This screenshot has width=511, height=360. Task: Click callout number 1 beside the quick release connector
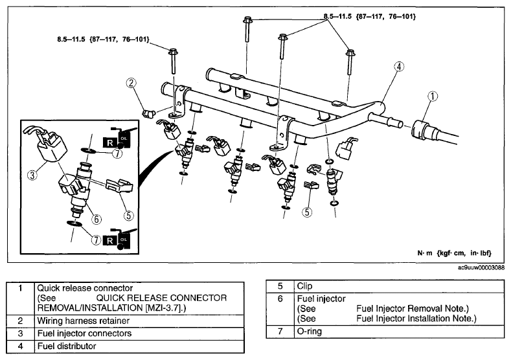(433, 96)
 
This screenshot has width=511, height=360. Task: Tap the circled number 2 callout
(131, 83)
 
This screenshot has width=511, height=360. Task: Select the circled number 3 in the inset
(32, 175)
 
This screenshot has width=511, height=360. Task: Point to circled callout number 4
(399, 67)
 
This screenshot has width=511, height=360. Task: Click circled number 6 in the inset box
(97, 219)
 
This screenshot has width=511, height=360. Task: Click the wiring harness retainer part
(148, 113)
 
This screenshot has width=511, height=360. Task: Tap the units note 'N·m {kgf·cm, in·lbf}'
(454, 253)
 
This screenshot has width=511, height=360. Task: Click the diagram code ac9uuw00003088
(481, 267)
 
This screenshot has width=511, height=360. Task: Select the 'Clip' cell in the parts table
(304, 286)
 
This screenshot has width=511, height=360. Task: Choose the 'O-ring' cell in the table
(310, 332)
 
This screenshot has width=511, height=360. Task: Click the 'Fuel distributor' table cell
(67, 346)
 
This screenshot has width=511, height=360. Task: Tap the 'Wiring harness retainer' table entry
(84, 321)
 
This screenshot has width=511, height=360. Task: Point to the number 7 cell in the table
(280, 332)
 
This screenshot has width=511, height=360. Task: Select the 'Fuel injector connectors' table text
(84, 333)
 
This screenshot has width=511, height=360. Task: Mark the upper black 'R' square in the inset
(110, 143)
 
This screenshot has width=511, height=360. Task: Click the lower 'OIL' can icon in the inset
(124, 240)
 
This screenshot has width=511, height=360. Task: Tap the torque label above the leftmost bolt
(104, 39)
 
